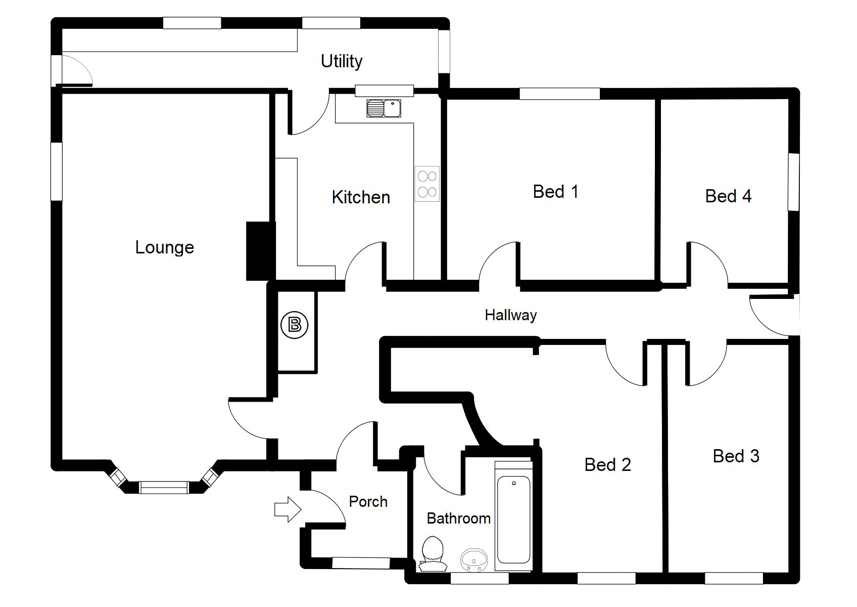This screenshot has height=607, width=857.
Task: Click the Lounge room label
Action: point(165,247)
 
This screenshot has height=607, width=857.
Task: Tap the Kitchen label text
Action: point(361,197)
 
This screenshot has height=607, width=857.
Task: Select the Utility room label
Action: point(342,61)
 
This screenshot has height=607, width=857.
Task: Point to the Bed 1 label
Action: point(555,192)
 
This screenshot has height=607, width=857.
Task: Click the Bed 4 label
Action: point(728,196)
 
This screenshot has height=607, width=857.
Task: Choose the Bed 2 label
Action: point(607,464)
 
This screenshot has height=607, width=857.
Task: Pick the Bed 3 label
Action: point(736,456)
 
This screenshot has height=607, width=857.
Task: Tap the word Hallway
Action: point(510,315)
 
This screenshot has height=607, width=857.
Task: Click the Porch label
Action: point(368,502)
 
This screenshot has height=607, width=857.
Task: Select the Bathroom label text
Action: point(458,518)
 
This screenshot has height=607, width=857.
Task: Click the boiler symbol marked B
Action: point(294,324)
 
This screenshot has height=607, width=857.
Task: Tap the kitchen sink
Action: point(384,108)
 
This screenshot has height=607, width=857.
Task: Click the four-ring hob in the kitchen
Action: point(427,184)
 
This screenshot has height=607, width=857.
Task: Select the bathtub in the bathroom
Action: point(513,519)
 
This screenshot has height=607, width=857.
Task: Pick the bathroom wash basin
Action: point(474,559)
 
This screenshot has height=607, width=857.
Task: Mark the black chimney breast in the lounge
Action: point(260,251)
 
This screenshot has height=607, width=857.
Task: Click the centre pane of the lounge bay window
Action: point(164,488)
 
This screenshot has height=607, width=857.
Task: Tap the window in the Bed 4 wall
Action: point(794,182)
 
